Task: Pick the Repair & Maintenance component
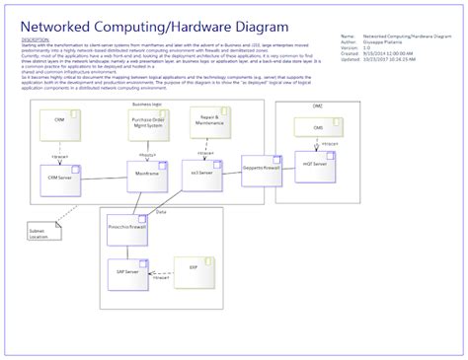pos(204,124)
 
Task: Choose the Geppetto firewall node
pos(263,170)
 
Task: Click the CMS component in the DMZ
pos(318,128)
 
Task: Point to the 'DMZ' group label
pos(318,105)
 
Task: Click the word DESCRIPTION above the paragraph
pos(35,40)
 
